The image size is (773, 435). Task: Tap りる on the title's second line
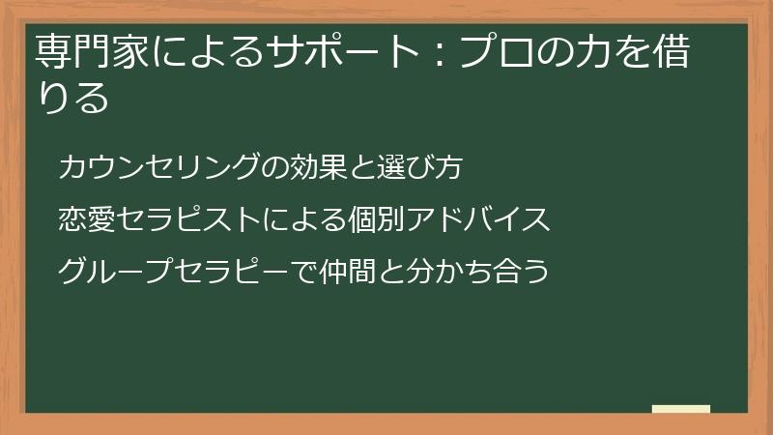(x=71, y=99)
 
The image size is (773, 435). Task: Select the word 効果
(x=313, y=168)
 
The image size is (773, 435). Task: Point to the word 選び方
(x=421, y=168)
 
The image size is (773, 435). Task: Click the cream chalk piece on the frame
(x=681, y=409)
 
